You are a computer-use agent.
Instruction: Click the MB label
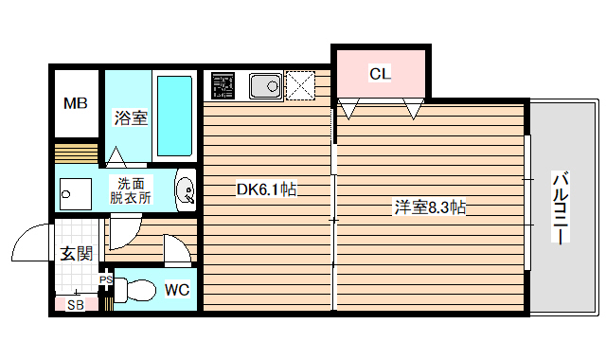click(75, 103)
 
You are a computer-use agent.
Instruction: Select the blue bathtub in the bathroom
click(173, 116)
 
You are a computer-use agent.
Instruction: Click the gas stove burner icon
click(223, 84)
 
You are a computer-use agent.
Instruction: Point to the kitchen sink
click(263, 85)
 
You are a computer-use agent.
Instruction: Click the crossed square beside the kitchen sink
click(299, 84)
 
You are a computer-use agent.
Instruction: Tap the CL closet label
click(380, 73)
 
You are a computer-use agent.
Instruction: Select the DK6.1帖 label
click(267, 189)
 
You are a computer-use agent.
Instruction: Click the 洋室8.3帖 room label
click(430, 207)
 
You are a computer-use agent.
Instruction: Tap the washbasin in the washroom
click(186, 191)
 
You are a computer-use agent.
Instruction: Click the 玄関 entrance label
click(76, 253)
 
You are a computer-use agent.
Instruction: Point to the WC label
click(177, 290)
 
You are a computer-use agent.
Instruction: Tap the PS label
click(105, 280)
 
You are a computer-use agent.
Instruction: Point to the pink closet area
click(379, 81)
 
